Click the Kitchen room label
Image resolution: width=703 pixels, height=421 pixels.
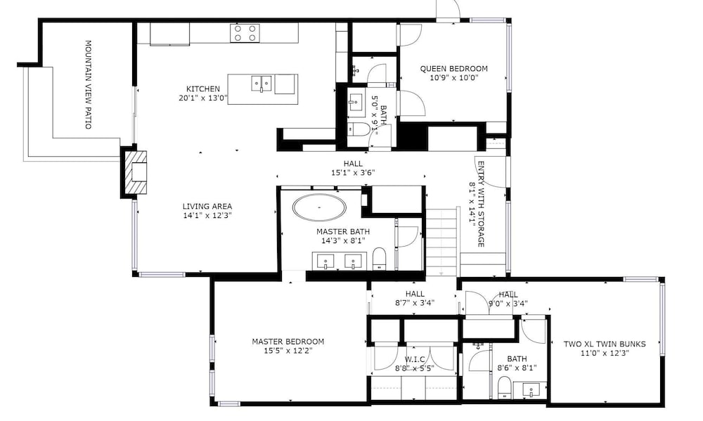pos(203,89)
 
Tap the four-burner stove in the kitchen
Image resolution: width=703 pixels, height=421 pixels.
pos(245,33)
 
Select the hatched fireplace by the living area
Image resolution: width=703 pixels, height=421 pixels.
pos(136,173)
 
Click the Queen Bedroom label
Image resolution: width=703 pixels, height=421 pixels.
pos(453,69)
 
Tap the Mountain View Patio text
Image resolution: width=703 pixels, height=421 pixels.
pos(89,85)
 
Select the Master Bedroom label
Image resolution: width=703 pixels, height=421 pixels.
pos(288,342)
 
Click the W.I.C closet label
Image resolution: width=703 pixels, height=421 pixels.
pos(415,360)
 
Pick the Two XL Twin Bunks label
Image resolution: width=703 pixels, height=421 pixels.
pos(605,344)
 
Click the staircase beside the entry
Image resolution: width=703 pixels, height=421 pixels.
pos(442,241)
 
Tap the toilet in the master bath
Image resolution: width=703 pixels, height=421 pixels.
pos(380,259)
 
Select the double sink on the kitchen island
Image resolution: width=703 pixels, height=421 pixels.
pos(262,84)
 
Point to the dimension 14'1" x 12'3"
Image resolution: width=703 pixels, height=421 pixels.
pos(207,215)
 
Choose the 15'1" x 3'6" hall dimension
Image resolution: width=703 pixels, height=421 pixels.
pos(352,172)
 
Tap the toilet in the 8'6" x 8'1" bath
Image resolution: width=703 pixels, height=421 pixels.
pos(505,387)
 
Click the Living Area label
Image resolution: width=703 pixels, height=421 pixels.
pos(207,206)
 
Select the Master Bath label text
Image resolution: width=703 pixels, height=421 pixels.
pos(343,232)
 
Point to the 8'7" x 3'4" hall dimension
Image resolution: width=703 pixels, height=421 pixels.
pos(415,303)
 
